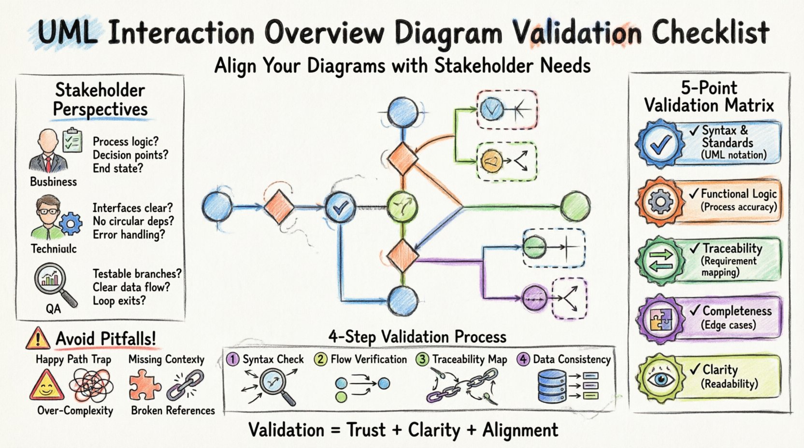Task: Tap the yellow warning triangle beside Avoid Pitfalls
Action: click(x=38, y=338)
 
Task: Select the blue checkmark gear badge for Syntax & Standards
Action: click(x=660, y=143)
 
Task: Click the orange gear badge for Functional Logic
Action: click(x=660, y=201)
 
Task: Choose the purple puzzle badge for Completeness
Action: click(x=660, y=319)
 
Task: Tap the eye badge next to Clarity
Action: click(x=660, y=378)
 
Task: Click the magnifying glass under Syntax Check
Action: click(x=273, y=385)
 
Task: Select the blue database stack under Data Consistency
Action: click(x=551, y=386)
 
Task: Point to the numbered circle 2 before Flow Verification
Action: click(x=320, y=360)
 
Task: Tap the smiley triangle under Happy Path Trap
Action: click(x=46, y=386)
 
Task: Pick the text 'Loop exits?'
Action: click(x=119, y=301)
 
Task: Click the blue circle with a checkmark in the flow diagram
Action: click(x=341, y=208)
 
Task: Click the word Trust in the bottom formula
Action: click(x=365, y=430)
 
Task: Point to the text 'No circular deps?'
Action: click(x=133, y=221)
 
